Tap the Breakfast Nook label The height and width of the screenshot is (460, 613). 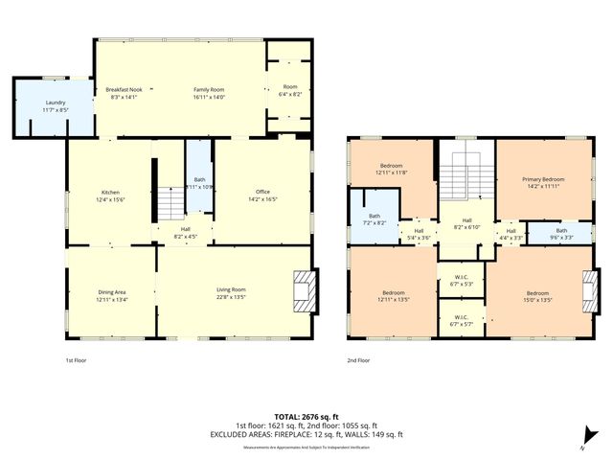click(125, 93)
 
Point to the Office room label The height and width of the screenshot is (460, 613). click(262, 196)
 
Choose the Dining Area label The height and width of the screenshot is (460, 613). click(112, 296)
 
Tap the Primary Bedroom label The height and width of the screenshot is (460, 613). click(543, 183)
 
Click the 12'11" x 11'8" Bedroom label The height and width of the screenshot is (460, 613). click(393, 169)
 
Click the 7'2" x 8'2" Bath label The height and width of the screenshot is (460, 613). click(373, 219)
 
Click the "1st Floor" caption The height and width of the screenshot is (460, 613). click(78, 360)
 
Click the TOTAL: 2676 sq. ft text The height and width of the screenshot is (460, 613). click(295, 417)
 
